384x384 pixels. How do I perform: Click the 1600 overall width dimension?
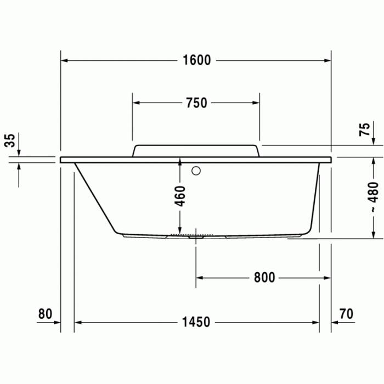(196, 60)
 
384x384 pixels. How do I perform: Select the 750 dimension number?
(196, 103)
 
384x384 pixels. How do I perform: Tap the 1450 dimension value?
(196, 322)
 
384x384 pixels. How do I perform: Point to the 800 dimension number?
(264, 278)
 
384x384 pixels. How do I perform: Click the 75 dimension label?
(364, 130)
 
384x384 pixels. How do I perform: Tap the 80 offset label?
(45, 314)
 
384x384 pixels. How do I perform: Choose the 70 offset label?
(346, 314)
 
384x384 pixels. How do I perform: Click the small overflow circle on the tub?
(196, 170)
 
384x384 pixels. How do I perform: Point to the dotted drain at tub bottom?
(190, 235)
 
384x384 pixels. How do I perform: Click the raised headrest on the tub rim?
(195, 150)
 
